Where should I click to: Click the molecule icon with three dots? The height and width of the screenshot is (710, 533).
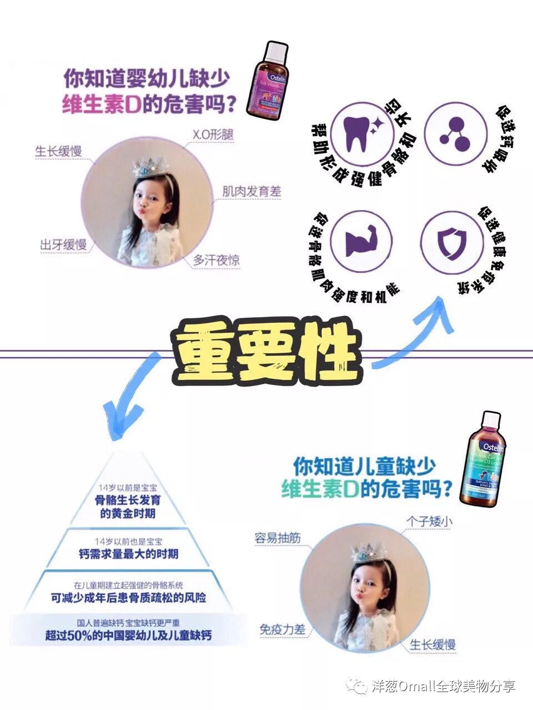454,134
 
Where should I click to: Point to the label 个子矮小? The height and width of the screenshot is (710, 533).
429,522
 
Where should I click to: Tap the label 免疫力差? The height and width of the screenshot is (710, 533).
282,630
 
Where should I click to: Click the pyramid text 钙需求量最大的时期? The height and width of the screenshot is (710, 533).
128,554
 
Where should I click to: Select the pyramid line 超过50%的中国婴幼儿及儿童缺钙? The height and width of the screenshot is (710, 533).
128,636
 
